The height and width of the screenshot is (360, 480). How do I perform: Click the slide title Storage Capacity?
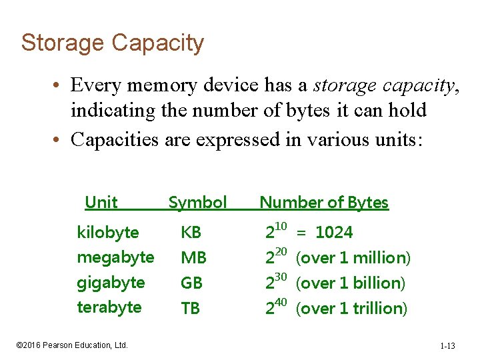112,43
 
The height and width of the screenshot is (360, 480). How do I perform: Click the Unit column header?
101,203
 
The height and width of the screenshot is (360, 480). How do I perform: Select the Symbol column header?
197,203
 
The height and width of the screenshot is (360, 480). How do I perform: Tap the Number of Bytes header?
323,203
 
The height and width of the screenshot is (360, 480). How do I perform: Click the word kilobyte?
108,233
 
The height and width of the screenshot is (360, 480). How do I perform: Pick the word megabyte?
115,257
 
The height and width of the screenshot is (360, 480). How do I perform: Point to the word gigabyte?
111,283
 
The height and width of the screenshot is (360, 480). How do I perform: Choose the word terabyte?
109,307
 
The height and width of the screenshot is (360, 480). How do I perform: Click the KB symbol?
191,233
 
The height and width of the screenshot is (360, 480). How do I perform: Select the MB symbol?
193,258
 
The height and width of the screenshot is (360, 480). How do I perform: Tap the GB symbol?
191,283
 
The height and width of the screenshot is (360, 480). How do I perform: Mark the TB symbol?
191,308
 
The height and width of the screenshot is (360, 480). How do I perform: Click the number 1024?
334,233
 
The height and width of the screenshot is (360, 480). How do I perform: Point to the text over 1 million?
353,258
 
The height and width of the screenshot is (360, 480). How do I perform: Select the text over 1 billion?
351,283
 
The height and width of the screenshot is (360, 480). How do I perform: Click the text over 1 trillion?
353,308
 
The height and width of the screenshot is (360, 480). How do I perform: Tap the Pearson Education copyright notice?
72,345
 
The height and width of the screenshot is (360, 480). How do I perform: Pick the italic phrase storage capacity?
386,86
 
